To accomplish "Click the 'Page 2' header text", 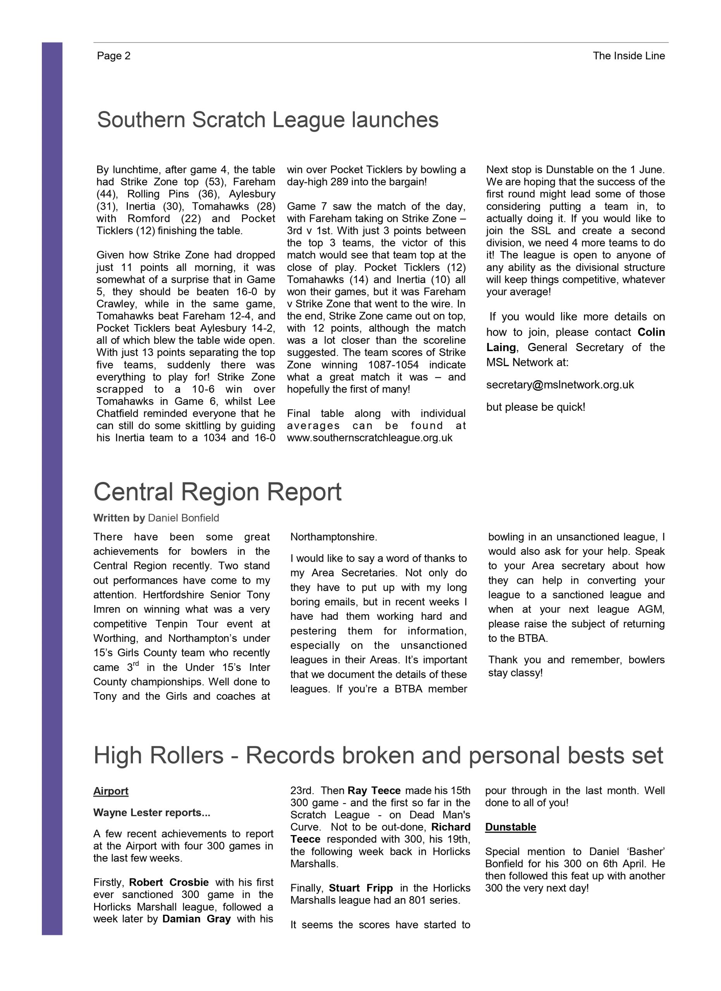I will (114, 56).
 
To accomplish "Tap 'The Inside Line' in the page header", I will (628, 56).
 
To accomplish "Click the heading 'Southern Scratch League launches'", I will (268, 120).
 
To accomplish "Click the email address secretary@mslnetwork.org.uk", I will (560, 384).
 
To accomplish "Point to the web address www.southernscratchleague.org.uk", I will (370, 438).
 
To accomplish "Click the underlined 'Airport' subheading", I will (111, 791).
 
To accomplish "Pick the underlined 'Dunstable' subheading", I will (510, 827).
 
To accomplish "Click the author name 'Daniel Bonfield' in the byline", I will (183, 518).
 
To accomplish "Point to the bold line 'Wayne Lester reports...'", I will (152, 813).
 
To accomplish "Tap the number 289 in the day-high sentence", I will (339, 182).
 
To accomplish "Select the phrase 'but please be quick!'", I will (535, 407).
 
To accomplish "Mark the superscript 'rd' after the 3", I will (136, 664).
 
